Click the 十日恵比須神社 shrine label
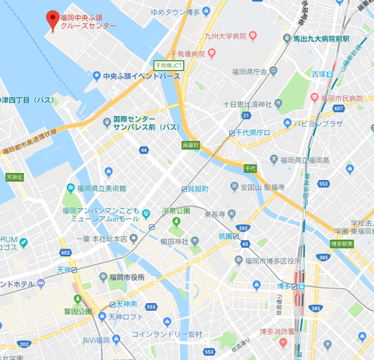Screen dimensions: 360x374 [246, 104]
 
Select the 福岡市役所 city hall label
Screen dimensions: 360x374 [127, 277]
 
